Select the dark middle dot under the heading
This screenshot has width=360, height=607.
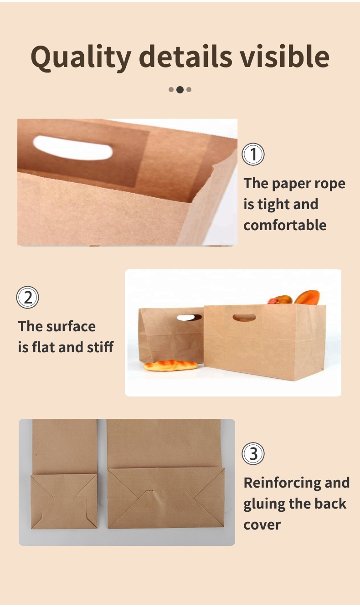[x=180, y=89]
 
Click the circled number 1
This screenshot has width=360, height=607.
[x=253, y=154]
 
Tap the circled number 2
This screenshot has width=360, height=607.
[x=28, y=297]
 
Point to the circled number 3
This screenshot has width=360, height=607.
[x=253, y=453]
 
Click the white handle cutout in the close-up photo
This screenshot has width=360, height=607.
[x=72, y=148]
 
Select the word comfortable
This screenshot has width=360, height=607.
[x=285, y=225]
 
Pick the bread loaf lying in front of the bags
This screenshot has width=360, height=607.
[x=170, y=365]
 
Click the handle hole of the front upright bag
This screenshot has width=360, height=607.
[x=244, y=318]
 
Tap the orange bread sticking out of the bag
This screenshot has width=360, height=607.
[x=307, y=297]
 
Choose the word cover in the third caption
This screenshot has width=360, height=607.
[x=262, y=525]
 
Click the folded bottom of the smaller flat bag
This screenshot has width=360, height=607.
[x=64, y=501]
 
